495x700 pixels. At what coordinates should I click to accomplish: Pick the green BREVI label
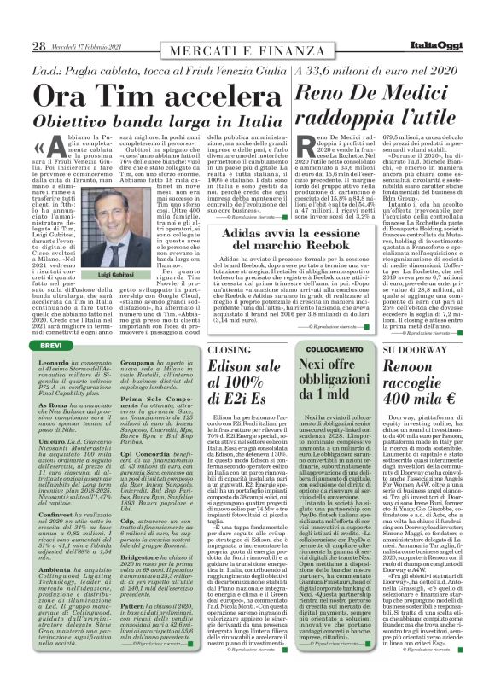(x=51, y=343)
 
